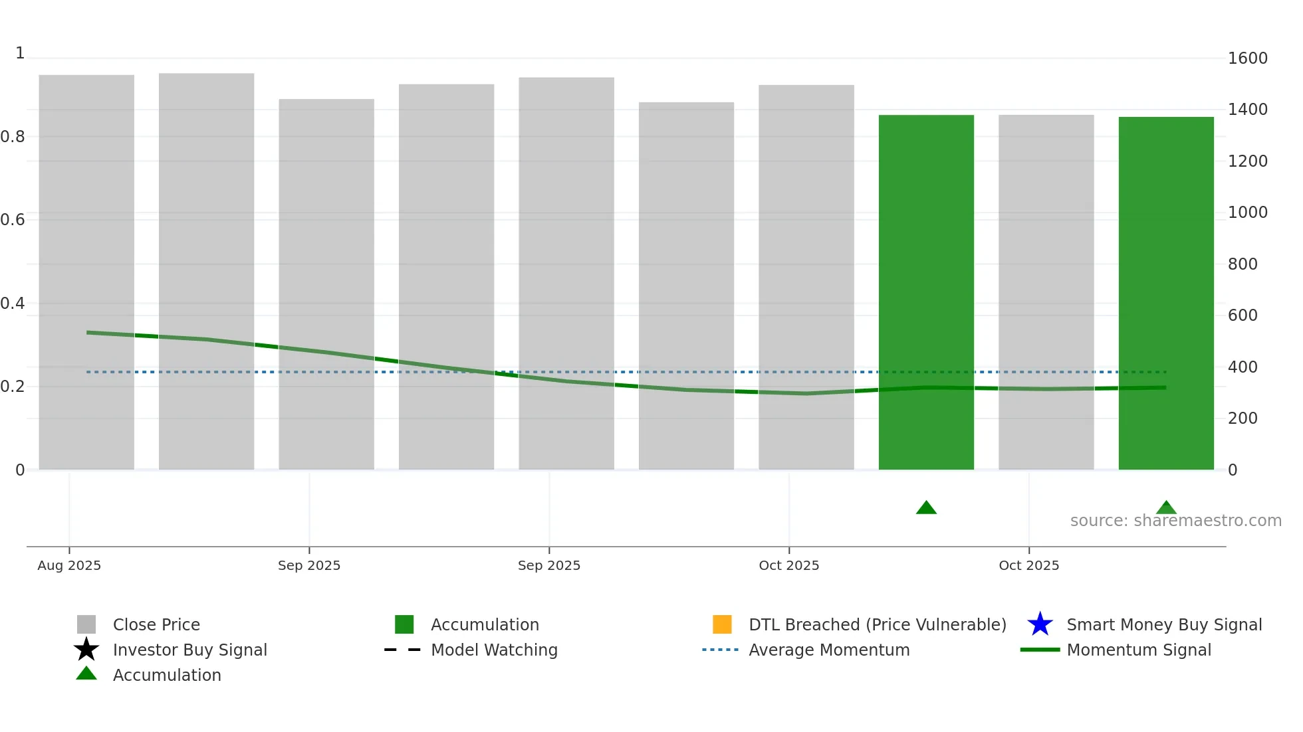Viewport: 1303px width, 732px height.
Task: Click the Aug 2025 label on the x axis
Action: pyautogui.click(x=69, y=565)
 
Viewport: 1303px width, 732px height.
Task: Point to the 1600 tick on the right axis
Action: pyautogui.click(x=1247, y=58)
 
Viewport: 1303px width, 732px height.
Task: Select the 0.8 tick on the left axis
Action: pyautogui.click(x=13, y=137)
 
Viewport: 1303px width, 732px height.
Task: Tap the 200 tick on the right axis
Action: pyautogui.click(x=1243, y=418)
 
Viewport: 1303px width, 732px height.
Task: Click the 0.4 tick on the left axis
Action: pyautogui.click(x=13, y=304)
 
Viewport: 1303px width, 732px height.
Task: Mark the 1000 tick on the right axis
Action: pyautogui.click(x=1247, y=213)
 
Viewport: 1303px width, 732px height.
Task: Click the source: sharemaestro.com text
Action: pyautogui.click(x=1175, y=521)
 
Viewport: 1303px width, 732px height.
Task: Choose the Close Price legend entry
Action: pyautogui.click(x=156, y=624)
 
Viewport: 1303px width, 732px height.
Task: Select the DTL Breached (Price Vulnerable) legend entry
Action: pyautogui.click(x=877, y=624)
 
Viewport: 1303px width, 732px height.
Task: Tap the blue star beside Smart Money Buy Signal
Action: pyautogui.click(x=1040, y=624)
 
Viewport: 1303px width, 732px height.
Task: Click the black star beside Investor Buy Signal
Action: pyautogui.click(x=86, y=650)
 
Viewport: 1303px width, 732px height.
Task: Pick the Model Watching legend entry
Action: pyautogui.click(x=494, y=650)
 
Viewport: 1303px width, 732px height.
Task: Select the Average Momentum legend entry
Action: pyautogui.click(x=829, y=650)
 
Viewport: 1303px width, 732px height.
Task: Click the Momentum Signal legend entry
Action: pyautogui.click(x=1139, y=650)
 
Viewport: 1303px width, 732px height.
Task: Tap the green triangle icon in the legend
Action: pyautogui.click(x=86, y=674)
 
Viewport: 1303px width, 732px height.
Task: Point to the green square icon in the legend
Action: pyautogui.click(x=404, y=624)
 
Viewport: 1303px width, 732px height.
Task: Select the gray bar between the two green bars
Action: pyautogui.click(x=1046, y=292)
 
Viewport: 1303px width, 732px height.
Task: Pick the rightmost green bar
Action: pyautogui.click(x=1166, y=293)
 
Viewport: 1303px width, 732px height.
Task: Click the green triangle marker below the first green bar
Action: pyautogui.click(x=926, y=508)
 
